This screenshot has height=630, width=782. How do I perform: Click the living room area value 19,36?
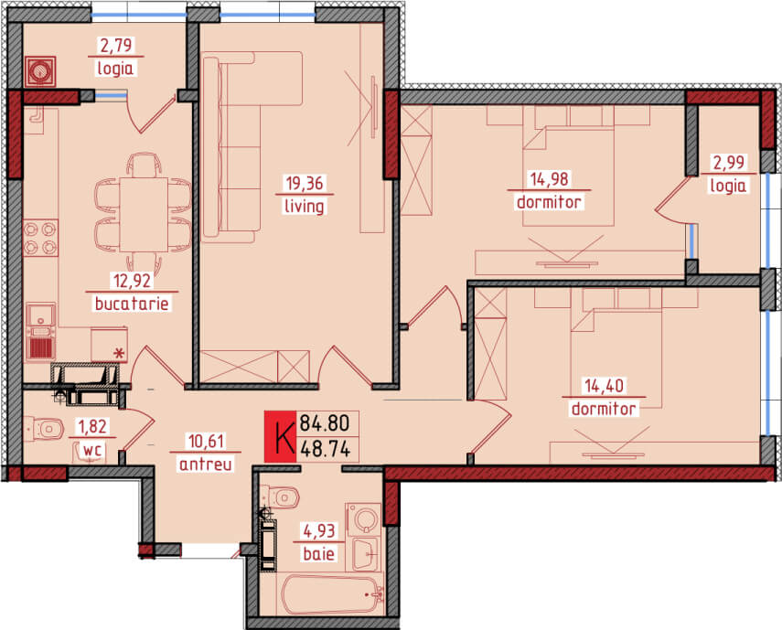pos(305,183)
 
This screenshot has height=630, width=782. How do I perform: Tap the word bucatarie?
pos(132,303)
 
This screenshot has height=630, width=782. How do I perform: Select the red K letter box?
pos(280,437)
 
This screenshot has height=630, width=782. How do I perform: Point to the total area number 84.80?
pos(325,423)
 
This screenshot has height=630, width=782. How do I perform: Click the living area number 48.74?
pos(325,450)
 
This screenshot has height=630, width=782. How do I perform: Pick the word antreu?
pos(206,464)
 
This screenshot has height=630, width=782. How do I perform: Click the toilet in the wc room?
pos(44,429)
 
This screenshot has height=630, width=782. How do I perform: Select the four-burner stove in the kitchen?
pos(40,238)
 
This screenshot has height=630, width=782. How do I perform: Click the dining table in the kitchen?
pos(144,214)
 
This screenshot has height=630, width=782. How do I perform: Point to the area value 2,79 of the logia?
pos(117,46)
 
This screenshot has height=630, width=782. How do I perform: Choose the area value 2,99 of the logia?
pos(729,163)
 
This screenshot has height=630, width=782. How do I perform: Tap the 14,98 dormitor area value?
pos(549,178)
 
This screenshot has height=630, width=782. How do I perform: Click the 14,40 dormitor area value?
pos(604,386)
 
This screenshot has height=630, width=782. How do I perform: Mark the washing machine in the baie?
pos(364,518)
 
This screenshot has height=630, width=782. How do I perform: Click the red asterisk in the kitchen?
pos(119,354)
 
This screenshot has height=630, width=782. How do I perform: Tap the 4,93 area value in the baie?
pos(319,530)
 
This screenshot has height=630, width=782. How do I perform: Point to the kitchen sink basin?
pos(41,314)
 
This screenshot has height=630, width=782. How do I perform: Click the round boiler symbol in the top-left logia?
pos(40,71)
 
